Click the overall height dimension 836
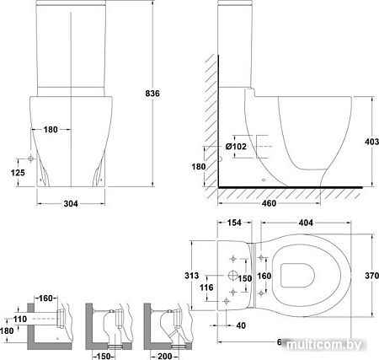153,92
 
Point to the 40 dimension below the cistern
243,325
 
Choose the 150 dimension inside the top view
244,277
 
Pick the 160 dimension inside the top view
264,275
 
